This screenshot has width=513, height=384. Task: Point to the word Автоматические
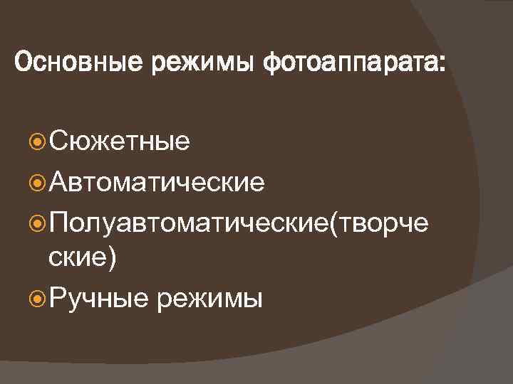[157, 183]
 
